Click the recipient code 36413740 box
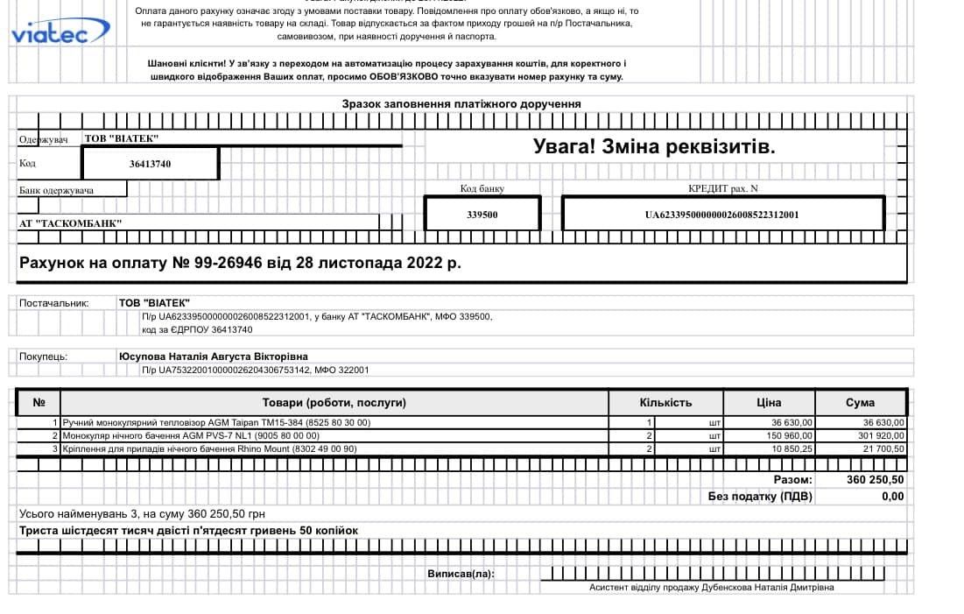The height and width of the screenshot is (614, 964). pyautogui.click(x=150, y=164)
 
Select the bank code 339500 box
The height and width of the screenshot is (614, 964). pyautogui.click(x=482, y=214)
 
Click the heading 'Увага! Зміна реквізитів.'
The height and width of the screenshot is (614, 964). pyautogui.click(x=654, y=146)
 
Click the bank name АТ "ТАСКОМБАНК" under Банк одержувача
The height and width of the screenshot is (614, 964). pyautogui.click(x=71, y=223)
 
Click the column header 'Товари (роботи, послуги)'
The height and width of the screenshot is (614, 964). pyautogui.click(x=334, y=403)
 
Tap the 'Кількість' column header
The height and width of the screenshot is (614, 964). pyautogui.click(x=665, y=403)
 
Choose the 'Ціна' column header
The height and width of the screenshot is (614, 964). pyautogui.click(x=769, y=403)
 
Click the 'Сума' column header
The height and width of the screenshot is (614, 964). pyautogui.click(x=860, y=403)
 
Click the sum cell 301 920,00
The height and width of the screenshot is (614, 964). pyautogui.click(x=877, y=435)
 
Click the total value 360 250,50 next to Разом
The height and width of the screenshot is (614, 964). pyautogui.click(x=876, y=480)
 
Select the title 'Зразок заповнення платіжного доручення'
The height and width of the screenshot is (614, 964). pyautogui.click(x=461, y=104)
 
